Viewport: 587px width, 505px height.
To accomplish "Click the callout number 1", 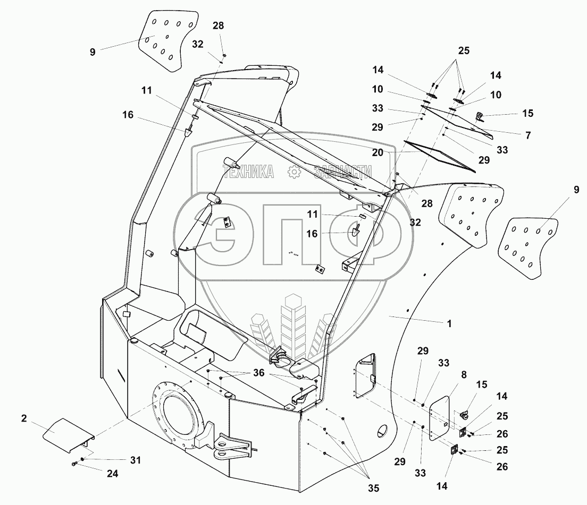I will click(x=449, y=323).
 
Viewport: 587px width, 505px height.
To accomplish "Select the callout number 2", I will click(x=24, y=419).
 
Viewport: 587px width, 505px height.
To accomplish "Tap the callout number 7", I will click(x=528, y=136).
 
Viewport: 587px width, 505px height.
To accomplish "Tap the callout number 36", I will click(x=258, y=373).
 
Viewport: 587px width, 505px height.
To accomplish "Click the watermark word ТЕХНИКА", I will click(x=248, y=172).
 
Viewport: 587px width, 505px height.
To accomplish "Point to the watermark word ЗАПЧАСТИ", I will click(x=342, y=172).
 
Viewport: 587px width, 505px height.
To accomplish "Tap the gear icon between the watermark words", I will click(x=293, y=172).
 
